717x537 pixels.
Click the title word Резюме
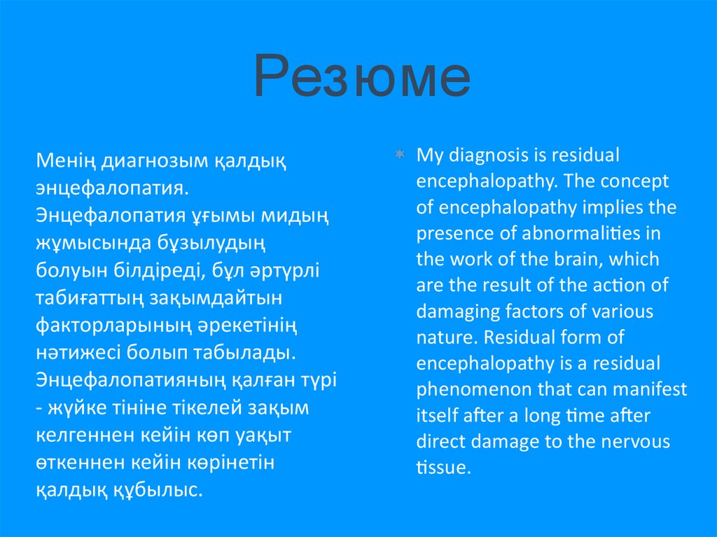362,76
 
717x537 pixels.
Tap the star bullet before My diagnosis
400,155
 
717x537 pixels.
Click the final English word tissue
443,468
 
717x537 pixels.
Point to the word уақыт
263,436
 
